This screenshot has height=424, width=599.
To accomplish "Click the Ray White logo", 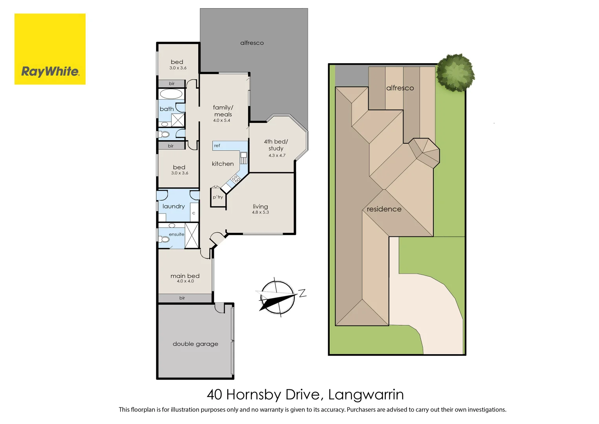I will coord(50,49).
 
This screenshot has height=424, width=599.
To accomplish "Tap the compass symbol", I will coord(277,298).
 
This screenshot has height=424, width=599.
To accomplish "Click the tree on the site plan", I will coord(455,73).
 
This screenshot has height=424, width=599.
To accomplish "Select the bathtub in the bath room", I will coord(171,94).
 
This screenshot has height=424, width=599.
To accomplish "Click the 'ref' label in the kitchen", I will coord(217,146).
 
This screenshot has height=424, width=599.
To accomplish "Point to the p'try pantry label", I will coord(218,197).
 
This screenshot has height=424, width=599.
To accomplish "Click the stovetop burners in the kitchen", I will coord(236,179).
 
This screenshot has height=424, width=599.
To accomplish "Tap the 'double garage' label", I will coord(195,344).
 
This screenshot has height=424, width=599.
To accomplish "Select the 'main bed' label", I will coord(185,276).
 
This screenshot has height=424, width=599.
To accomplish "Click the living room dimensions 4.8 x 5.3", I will coord(260,212).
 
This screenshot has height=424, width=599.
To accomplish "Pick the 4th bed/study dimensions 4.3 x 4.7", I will coord(277,155).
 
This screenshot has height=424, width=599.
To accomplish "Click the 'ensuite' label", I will coord(177,234).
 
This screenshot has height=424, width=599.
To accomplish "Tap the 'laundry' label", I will coord(173,207).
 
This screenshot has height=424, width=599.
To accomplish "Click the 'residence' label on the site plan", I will coord(384,209).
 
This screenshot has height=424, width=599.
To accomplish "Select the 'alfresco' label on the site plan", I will coord(400,88).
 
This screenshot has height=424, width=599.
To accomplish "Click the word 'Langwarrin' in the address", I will coord(366,395).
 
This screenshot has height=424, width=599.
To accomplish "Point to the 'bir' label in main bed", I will coord(182,298).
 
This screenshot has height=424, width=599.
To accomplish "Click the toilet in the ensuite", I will coord(165,239).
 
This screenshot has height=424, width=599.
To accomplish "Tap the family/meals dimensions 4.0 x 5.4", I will coord(221,121).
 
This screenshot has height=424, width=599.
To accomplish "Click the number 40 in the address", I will coord(214,395).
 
